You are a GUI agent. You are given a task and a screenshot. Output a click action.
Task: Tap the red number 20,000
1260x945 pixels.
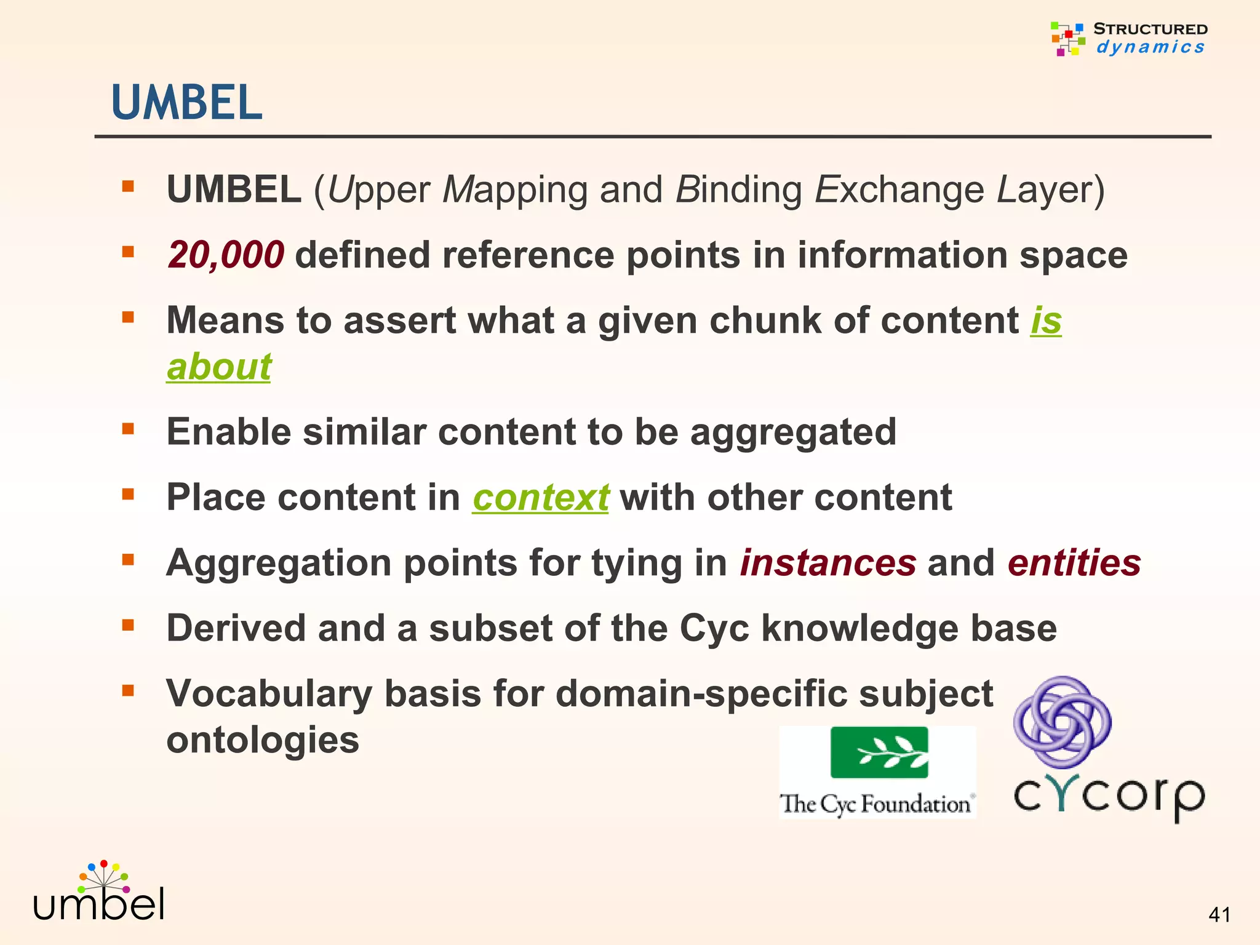[226, 255]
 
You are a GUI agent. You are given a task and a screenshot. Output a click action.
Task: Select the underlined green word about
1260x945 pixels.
[219, 367]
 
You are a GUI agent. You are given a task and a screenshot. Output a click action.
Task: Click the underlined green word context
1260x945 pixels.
[540, 497]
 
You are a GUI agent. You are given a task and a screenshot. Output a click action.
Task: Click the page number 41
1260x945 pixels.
[1219, 915]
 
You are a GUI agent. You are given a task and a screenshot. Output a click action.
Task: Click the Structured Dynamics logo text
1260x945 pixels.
[1150, 38]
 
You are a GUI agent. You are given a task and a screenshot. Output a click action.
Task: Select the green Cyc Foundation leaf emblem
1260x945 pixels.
[879, 752]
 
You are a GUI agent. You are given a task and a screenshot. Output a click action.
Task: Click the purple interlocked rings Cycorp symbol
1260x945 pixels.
[1063, 722]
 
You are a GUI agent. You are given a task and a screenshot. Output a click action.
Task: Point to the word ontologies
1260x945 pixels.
[263, 740]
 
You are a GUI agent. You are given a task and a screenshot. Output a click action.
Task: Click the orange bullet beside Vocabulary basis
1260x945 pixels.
[128, 690]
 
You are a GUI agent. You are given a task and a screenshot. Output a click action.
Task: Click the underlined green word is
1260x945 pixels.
[1046, 321]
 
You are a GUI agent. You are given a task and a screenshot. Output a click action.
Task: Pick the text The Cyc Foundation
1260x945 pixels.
[875, 803]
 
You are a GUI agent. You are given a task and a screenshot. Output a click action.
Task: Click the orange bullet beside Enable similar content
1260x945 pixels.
[128, 428]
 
